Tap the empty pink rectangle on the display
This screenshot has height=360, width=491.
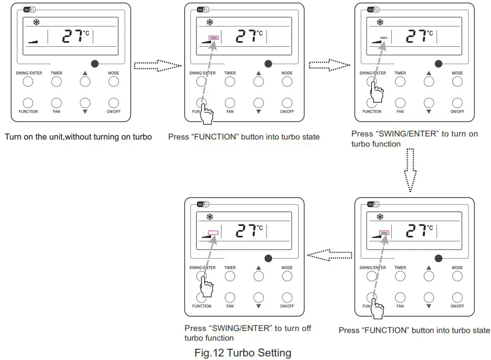click(x=213, y=233)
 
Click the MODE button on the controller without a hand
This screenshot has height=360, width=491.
click(x=113, y=81)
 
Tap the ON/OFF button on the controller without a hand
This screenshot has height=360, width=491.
click(x=113, y=103)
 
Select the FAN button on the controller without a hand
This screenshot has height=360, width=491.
click(x=56, y=103)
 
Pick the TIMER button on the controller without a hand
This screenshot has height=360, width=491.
click(x=56, y=81)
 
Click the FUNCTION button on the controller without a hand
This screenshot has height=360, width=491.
click(x=28, y=103)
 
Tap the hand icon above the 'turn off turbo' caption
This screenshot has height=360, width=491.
click(x=206, y=288)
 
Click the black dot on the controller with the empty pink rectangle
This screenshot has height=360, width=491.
click(x=268, y=258)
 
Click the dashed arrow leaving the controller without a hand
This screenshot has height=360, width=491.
click(x=158, y=65)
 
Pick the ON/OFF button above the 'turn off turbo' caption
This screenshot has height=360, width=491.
click(x=287, y=297)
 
